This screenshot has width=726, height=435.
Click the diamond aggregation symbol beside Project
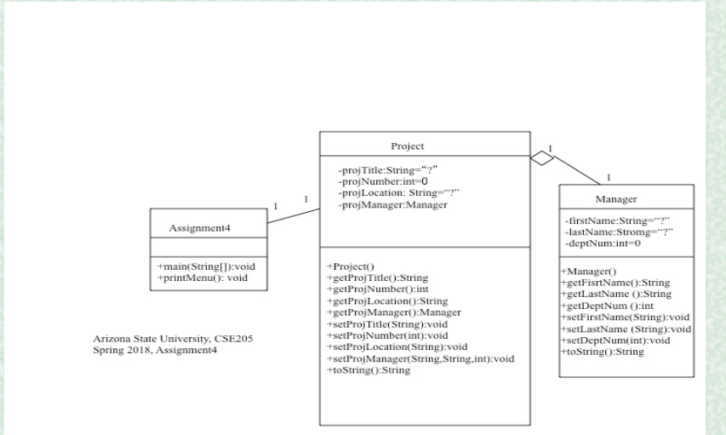click(541, 157)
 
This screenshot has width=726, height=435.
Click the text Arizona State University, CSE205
click(173, 340)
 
